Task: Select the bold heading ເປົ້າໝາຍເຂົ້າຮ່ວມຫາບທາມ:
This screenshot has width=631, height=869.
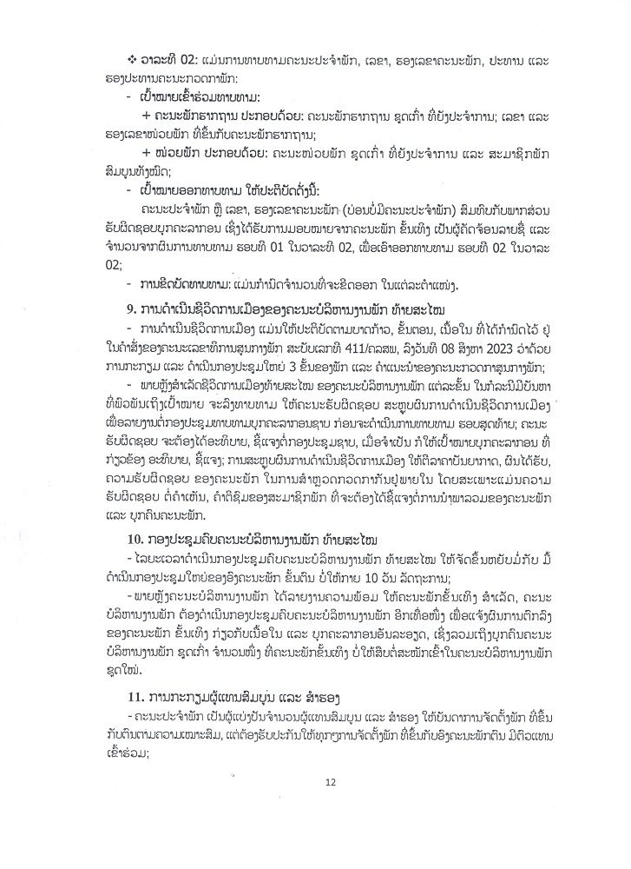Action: click(199, 97)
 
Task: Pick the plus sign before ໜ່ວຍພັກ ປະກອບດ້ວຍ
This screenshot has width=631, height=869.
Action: click(147, 153)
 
